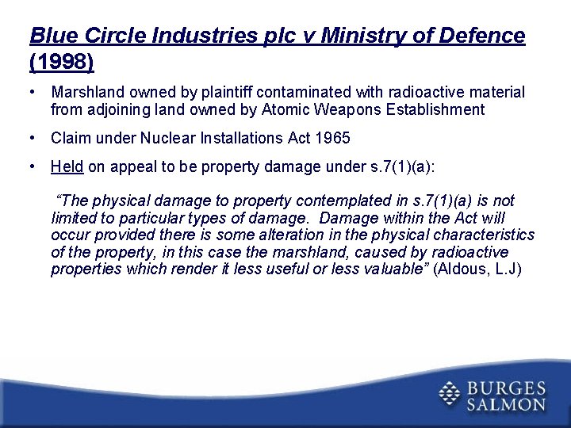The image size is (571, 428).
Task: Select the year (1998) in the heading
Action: (61, 61)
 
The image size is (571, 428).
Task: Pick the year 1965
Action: (332, 138)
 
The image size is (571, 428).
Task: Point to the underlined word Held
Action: (67, 166)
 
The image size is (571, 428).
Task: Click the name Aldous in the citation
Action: (466, 269)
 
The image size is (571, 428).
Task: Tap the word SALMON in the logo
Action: (506, 404)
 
